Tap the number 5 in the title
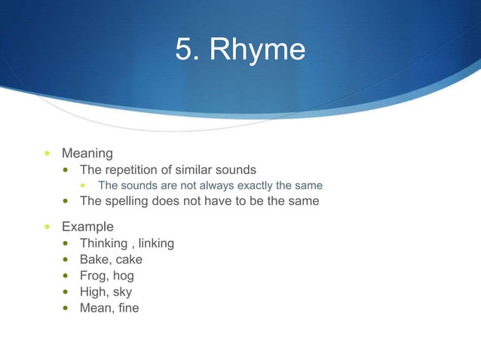(183, 50)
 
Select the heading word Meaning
(87, 154)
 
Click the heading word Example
(87, 227)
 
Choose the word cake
(128, 260)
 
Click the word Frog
(94, 276)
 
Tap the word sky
(122, 292)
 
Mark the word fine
(128, 308)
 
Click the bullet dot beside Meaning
(47, 154)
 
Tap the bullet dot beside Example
(47, 227)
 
